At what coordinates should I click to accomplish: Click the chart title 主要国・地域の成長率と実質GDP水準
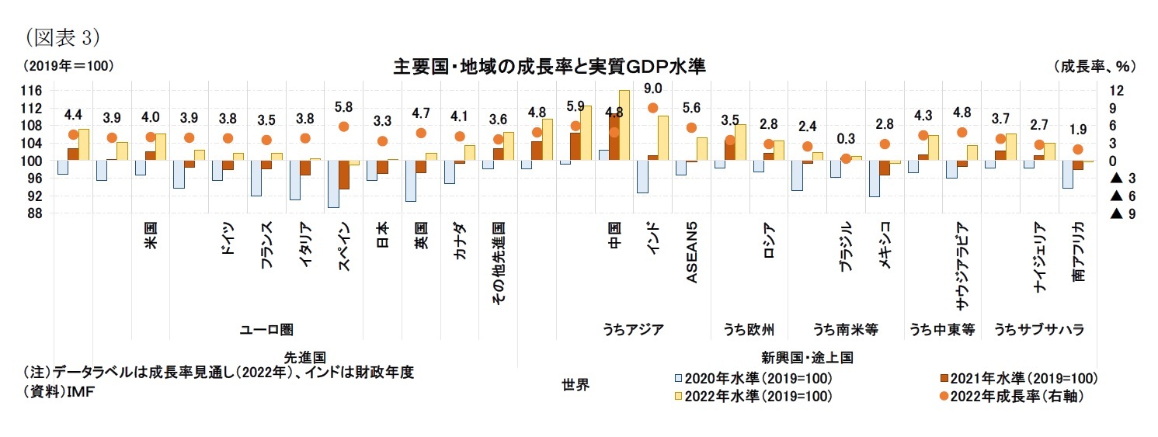tap(549, 67)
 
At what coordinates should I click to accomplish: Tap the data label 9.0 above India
tap(653, 88)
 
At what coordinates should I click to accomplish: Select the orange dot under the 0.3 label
tap(846, 158)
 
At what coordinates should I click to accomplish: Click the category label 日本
tap(383, 235)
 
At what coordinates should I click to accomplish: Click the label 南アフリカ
tap(1078, 251)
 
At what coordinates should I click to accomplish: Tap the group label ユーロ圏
tap(266, 329)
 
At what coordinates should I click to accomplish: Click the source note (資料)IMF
tap(60, 391)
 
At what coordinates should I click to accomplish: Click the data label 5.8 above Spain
tap(343, 106)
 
